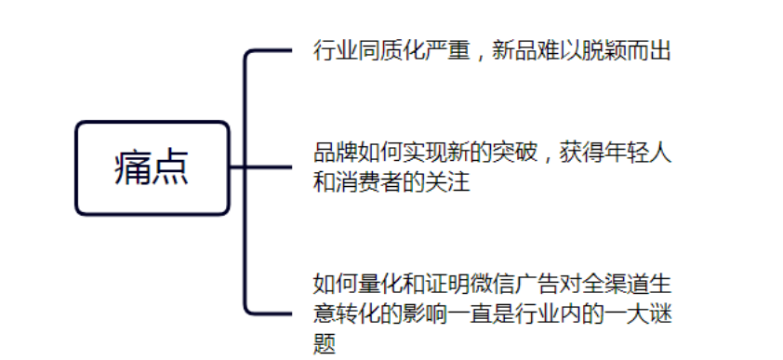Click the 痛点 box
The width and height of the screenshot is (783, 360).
[153, 168]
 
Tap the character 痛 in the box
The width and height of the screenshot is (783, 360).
[133, 168]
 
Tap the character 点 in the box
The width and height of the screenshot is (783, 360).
[172, 168]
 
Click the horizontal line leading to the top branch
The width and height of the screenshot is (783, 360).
[269, 50]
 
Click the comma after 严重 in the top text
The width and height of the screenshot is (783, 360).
[477, 54]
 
